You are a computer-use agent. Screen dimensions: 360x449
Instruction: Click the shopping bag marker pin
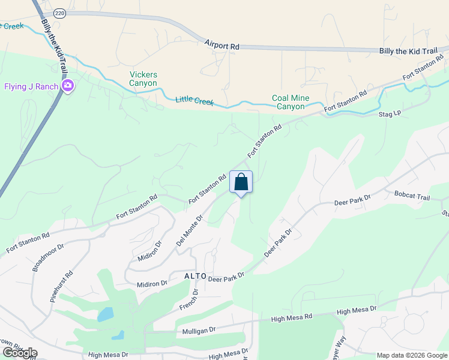tap(241, 182)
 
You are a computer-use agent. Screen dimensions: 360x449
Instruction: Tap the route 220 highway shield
tap(59, 13)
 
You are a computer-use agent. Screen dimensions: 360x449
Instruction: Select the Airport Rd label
tap(221, 45)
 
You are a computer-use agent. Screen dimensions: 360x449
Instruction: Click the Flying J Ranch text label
tap(31, 86)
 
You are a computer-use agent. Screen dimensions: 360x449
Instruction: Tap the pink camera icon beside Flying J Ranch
tap(68, 86)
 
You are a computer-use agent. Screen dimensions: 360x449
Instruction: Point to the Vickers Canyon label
tap(143, 79)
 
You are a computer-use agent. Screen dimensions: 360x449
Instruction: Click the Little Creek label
tap(194, 100)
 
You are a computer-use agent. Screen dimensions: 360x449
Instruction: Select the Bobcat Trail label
tap(412, 196)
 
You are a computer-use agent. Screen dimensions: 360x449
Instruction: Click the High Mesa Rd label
tap(292, 317)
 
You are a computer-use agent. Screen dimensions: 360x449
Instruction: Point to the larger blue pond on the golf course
tap(104, 314)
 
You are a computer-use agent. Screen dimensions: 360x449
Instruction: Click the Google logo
tap(19, 353)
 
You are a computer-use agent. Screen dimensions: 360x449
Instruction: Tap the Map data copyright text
tap(412, 355)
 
